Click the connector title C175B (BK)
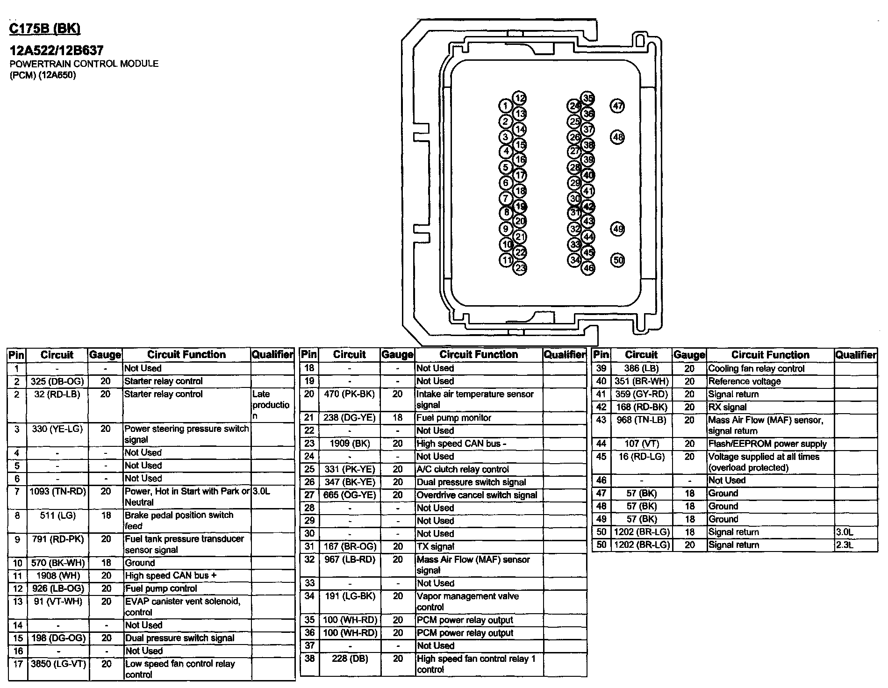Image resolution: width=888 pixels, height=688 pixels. coord(45,29)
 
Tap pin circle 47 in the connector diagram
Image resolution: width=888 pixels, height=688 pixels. coord(618,106)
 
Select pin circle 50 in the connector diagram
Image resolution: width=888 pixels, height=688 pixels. coord(618,260)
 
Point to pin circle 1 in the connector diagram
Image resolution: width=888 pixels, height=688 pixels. coord(505,106)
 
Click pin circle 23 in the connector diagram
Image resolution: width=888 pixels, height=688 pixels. coord(520,268)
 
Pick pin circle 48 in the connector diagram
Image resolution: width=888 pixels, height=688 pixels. coord(618,137)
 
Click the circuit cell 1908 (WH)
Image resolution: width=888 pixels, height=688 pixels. coord(57,576)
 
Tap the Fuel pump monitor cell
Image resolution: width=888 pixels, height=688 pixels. coord(453,418)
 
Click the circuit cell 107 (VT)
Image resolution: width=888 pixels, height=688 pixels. coord(641,444)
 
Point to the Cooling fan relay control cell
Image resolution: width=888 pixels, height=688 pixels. coord(756,369)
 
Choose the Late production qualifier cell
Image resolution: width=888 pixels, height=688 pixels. coord(271,405)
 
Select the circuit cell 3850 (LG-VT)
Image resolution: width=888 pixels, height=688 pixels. coord(57,664)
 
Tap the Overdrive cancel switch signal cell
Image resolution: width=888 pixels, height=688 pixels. coord(477,495)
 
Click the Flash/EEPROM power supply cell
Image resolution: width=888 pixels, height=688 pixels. coord(767,444)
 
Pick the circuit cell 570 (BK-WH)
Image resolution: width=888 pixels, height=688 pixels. coord(57,563)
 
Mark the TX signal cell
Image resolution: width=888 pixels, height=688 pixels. coord(435,546)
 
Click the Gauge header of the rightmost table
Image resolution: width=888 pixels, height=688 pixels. coord(689,355)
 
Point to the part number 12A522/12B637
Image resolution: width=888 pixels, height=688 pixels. coord(57,50)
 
